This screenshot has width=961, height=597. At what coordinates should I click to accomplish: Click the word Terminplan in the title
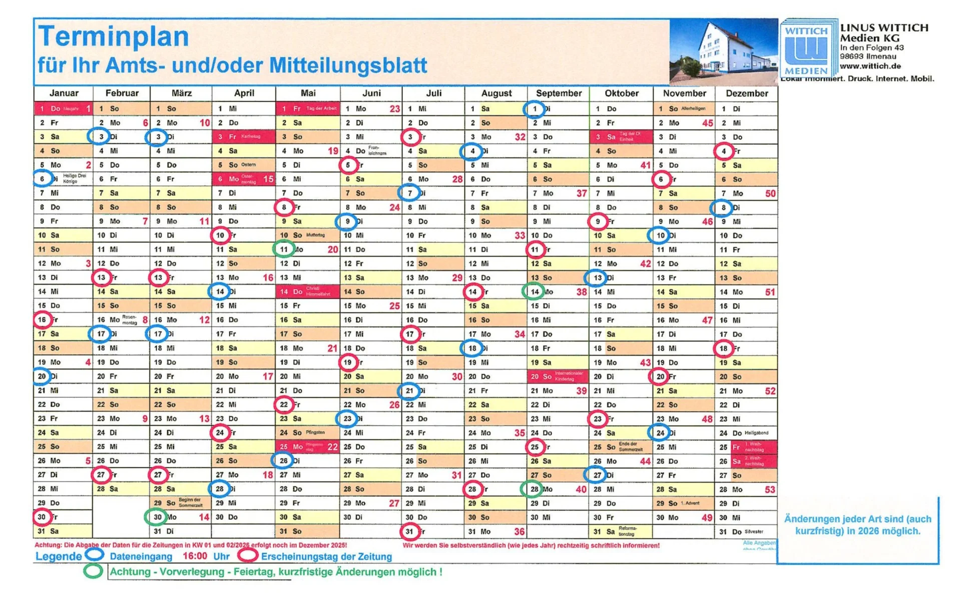click(114, 37)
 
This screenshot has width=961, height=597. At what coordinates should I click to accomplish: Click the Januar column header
click(64, 93)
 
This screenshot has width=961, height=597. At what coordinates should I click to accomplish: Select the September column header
click(559, 93)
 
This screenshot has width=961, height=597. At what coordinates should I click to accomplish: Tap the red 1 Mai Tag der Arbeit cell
click(307, 109)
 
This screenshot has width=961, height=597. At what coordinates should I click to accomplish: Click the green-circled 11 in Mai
click(284, 249)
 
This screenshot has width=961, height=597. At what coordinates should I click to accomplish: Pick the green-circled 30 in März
click(157, 517)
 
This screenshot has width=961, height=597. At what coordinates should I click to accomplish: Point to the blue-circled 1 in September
click(535, 109)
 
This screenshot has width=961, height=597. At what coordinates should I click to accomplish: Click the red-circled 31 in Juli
click(410, 531)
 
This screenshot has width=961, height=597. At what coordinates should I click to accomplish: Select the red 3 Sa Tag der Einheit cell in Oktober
click(621, 137)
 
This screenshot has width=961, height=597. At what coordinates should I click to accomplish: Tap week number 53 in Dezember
click(769, 489)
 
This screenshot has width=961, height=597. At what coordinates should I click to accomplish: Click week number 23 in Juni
click(394, 109)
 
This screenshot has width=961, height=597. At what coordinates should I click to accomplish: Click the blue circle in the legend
click(94, 555)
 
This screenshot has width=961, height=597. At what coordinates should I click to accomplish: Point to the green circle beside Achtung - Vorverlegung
click(93, 571)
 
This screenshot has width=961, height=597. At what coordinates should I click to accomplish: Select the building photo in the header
click(723, 52)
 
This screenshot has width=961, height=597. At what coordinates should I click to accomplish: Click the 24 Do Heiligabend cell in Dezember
click(746, 433)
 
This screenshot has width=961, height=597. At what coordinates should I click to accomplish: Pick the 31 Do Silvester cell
click(746, 531)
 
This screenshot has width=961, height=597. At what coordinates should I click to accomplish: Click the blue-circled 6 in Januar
click(42, 179)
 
